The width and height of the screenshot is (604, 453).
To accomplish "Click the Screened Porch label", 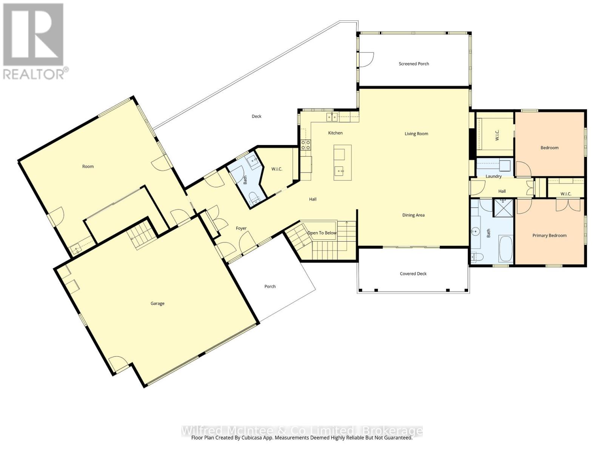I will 414,64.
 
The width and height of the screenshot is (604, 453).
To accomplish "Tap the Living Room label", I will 416,134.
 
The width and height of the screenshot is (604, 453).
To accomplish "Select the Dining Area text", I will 413,215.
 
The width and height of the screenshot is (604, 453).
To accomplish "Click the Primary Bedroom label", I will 549,236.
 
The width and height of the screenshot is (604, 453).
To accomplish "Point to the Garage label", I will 157,304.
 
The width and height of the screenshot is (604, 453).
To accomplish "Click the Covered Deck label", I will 413,274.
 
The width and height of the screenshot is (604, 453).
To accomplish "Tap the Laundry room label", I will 493,176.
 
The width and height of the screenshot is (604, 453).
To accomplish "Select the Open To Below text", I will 322,233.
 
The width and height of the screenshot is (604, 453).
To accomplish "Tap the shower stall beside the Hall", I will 503,208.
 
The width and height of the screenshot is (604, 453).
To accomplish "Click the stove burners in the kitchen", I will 305,144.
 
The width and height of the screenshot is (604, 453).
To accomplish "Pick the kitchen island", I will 342,162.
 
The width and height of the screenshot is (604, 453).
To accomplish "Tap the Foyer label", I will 241,228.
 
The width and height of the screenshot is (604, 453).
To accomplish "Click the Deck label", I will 256,116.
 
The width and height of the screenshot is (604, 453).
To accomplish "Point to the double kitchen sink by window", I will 332,117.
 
